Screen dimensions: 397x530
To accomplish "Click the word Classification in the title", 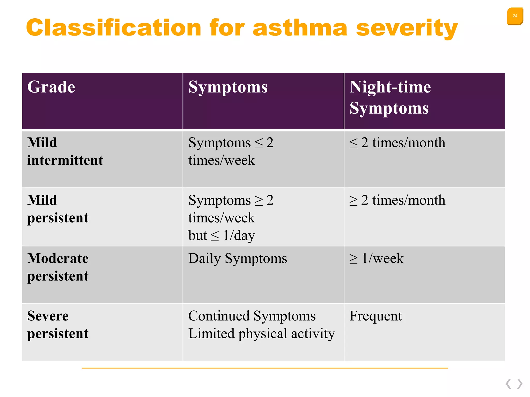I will [x=113, y=28].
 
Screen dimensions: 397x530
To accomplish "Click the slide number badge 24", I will [x=515, y=16].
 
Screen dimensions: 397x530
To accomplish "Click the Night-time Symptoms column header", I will [x=390, y=97].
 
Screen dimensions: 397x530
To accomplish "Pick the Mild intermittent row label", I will [x=65, y=151].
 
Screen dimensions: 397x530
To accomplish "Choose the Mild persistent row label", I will [x=58, y=209].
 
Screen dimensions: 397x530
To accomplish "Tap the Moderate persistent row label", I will [x=58, y=267].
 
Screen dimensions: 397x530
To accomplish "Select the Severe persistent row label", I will [x=58, y=325].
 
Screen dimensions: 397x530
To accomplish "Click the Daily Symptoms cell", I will [x=238, y=258].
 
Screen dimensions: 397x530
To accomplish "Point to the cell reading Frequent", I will [x=376, y=316].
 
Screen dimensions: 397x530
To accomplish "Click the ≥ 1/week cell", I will [x=376, y=258].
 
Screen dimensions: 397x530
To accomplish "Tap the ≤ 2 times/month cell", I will [x=397, y=143].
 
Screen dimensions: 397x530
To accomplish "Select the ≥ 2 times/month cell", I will [x=397, y=200].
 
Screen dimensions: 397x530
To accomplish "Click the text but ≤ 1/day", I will [x=222, y=235].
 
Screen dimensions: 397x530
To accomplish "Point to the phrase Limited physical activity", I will [x=261, y=333].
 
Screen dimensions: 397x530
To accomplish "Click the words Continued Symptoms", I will [x=252, y=316].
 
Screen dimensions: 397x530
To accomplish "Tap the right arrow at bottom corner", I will [x=520, y=384].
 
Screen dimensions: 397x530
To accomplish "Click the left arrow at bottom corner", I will [x=509, y=384].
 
